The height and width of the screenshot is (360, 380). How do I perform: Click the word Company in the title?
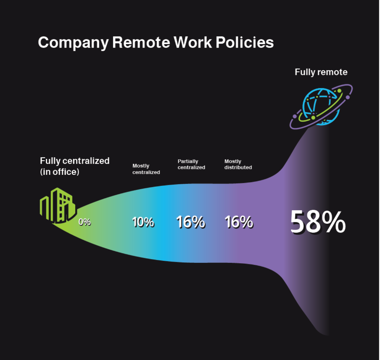coord(73,43)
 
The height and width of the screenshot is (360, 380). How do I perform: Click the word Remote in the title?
coord(141,42)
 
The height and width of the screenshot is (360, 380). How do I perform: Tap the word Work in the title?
coord(193,42)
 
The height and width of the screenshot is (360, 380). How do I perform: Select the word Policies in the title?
coord(245,42)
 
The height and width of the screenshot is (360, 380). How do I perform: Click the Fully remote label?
coord(321,72)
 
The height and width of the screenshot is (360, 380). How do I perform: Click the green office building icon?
coord(58,205)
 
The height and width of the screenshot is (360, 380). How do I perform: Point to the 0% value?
coord(84,222)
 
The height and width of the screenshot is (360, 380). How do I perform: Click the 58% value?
coord(318,222)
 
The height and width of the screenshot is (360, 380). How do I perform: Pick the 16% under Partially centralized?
coord(190,222)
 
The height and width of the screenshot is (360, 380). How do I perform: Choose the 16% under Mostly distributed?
coord(239,222)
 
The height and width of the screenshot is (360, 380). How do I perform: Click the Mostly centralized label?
coord(146,169)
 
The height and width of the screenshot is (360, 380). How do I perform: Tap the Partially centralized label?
coord(191,164)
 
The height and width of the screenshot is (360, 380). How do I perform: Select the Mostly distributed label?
coord(238,164)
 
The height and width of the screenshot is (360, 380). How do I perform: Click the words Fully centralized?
coord(75,161)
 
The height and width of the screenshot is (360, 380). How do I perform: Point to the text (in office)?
coord(60,172)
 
